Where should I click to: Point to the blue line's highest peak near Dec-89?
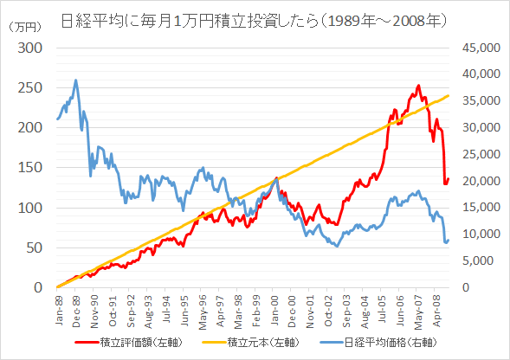[76, 80]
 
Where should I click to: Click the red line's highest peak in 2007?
[418, 86]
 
